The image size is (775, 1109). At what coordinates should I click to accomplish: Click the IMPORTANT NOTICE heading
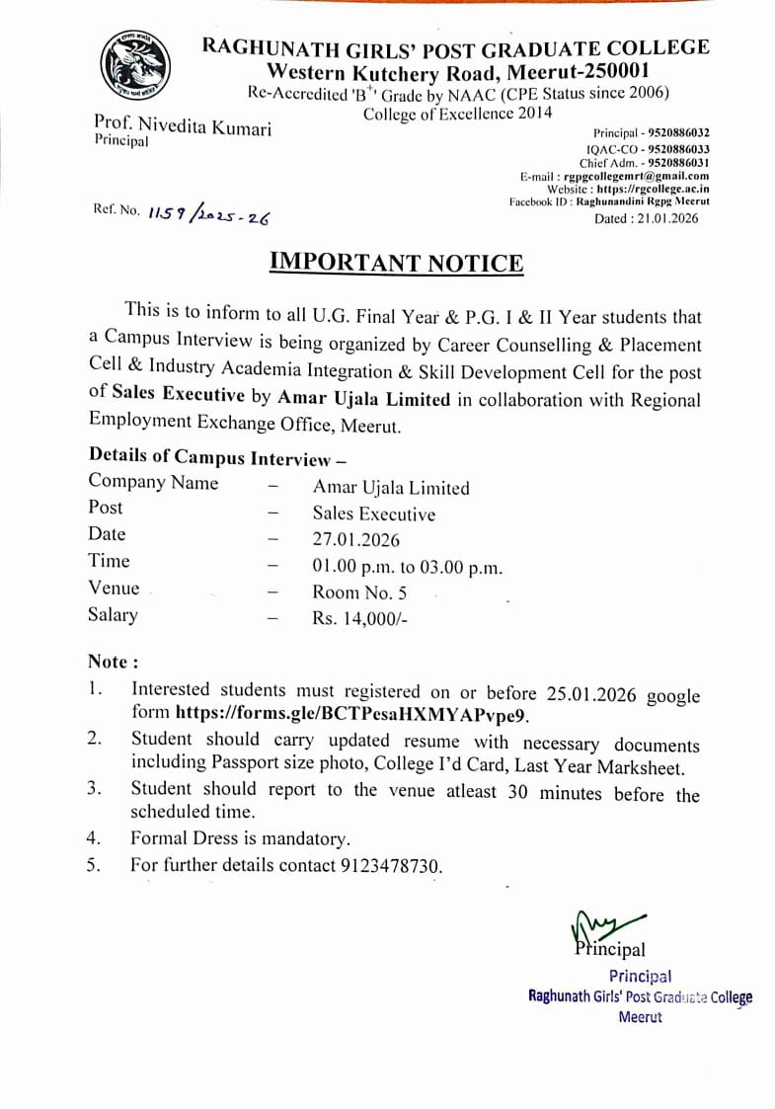pos(396,263)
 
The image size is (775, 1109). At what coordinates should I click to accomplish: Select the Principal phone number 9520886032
pos(678,132)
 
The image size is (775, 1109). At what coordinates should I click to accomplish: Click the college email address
pos(636,175)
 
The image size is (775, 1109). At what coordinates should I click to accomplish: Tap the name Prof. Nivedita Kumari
pos(183,126)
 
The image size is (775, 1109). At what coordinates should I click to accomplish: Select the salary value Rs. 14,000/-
pos(359,619)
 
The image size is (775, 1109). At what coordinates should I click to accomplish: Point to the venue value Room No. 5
pos(359,593)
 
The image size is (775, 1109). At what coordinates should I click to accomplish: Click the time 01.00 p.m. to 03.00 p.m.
pos(407,567)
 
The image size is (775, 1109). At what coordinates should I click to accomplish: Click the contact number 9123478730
pos(390,866)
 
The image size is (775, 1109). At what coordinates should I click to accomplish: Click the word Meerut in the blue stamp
pos(640,1016)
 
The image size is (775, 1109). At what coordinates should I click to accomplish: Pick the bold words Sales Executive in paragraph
pos(178,395)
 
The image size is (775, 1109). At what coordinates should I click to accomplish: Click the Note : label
pos(114,662)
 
